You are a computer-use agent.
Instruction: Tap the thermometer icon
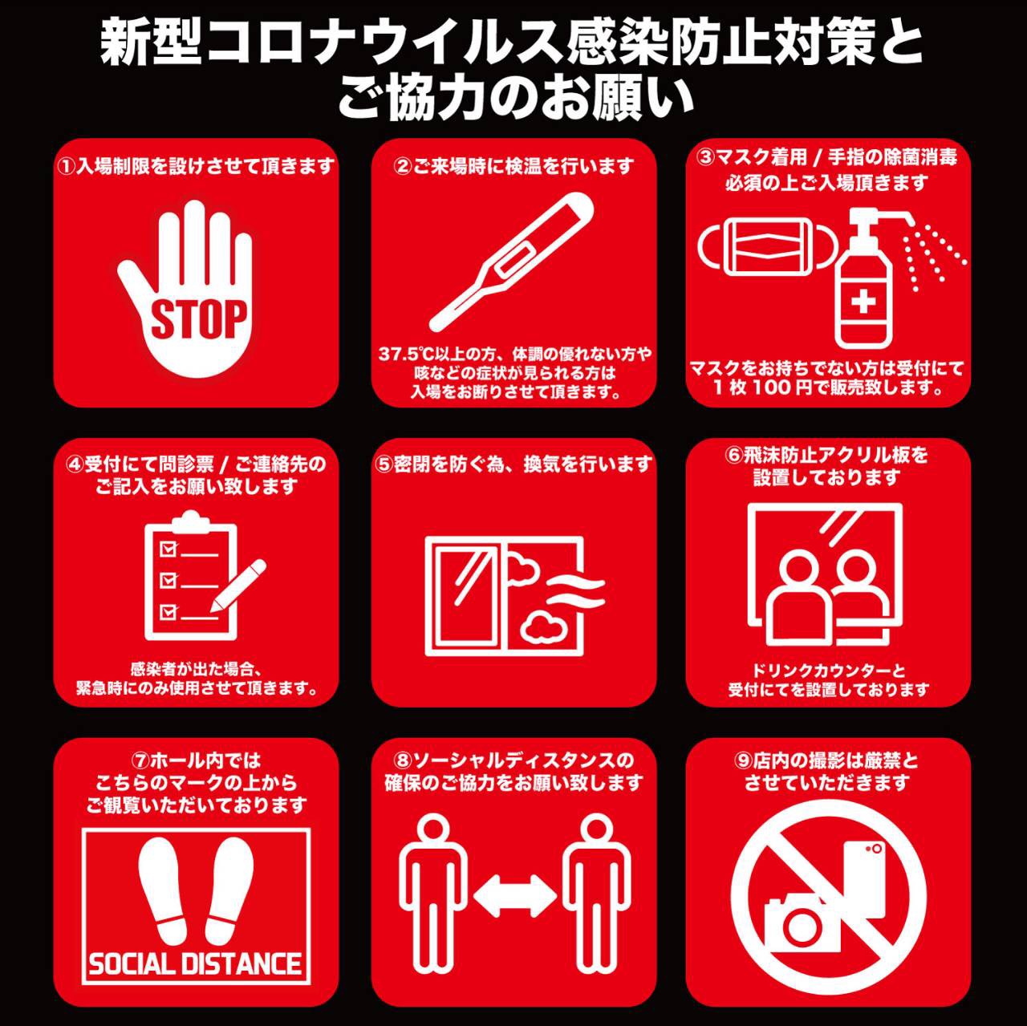(511, 262)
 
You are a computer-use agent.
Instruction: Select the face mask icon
(769, 249)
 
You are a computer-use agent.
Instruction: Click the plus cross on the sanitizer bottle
(863, 302)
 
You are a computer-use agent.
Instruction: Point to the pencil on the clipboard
(237, 586)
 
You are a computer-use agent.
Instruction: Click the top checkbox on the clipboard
(168, 549)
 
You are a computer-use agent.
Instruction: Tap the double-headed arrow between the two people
(515, 894)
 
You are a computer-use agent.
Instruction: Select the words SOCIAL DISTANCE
(195, 964)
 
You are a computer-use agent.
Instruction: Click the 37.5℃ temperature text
(405, 355)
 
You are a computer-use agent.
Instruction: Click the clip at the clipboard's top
(191, 521)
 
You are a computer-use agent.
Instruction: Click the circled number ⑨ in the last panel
(743, 760)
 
